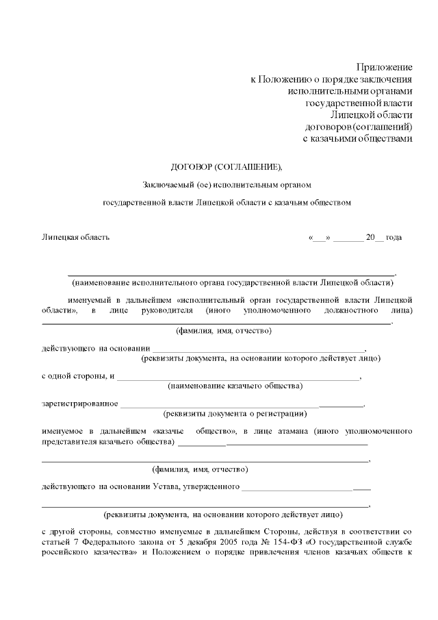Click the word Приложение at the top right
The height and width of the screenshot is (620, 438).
pyautogui.click(x=384, y=67)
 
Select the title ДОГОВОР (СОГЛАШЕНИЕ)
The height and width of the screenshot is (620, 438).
pyautogui.click(x=226, y=166)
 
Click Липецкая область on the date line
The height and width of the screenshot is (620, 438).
pyautogui.click(x=75, y=237)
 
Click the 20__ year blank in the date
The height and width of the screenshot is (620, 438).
pyautogui.click(x=375, y=237)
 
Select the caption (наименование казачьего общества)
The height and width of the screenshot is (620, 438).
pyautogui.click(x=235, y=386)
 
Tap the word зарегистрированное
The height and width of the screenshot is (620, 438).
pyautogui.click(x=80, y=403)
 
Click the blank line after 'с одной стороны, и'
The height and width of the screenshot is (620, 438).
pyautogui.click(x=240, y=377)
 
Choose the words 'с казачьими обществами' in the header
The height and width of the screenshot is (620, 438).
pyautogui.click(x=357, y=139)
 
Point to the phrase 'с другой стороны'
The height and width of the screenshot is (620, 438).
pyautogui.click(x=75, y=532)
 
